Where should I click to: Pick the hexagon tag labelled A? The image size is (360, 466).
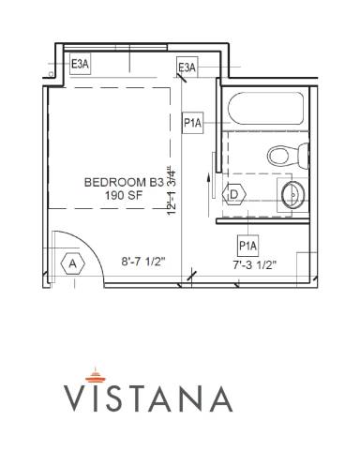pos(71,263)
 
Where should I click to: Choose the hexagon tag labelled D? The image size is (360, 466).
pos(235,194)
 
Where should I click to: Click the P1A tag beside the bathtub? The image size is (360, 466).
pos(193,123)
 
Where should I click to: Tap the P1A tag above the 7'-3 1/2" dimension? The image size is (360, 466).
pos(247,246)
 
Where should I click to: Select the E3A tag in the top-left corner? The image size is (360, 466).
pos(81,64)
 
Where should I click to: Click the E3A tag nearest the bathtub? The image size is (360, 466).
pos(187,67)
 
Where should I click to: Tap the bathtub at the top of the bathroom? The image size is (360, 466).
pos(265,111)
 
